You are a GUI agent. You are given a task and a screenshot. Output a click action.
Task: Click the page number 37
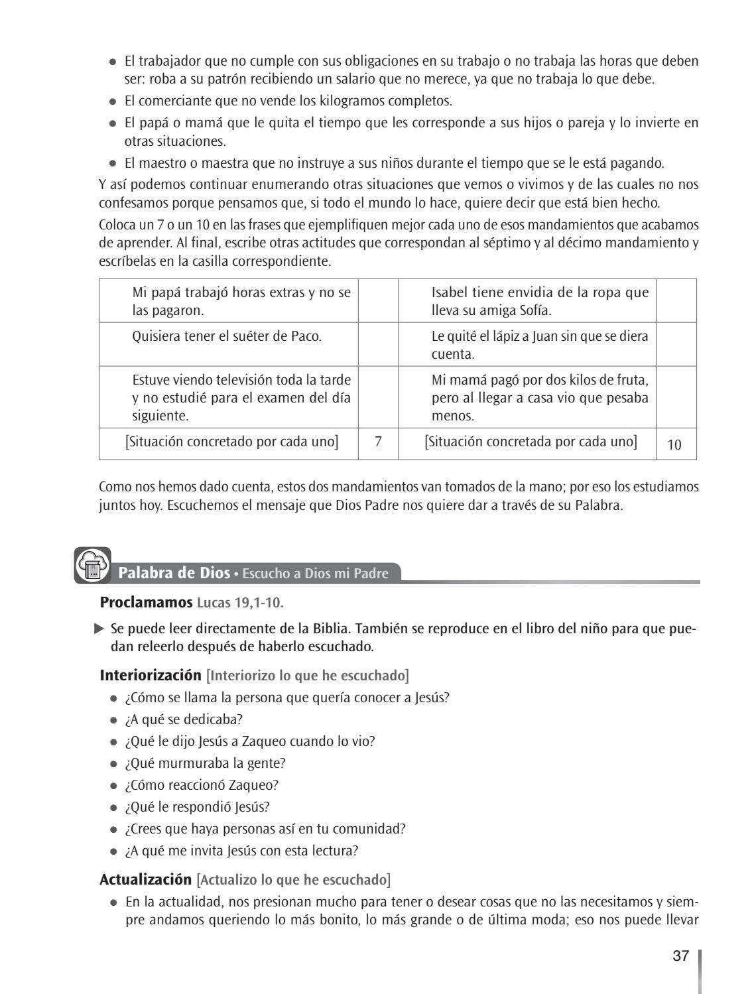[680, 956]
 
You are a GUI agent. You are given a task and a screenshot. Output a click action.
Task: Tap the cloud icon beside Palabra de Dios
[92, 566]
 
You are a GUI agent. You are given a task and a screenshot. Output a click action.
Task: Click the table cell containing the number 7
[378, 442]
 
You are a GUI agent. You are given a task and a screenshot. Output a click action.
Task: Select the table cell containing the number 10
[674, 444]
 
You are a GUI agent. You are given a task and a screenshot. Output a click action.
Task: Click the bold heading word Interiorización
[151, 675]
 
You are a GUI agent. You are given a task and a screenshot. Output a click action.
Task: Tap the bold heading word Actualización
[145, 879]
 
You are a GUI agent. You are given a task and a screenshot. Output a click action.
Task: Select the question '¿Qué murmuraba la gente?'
[206, 763]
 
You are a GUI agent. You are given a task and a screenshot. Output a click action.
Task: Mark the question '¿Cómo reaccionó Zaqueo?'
[202, 784]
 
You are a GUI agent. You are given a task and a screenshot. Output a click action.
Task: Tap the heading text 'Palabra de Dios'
[174, 573]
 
